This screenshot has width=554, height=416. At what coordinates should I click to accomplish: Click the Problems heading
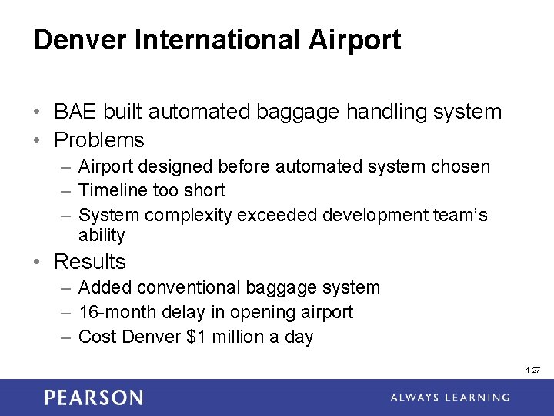click(99, 140)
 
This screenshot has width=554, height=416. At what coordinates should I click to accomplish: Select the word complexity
click(193, 215)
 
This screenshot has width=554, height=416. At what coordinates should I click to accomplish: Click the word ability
click(101, 235)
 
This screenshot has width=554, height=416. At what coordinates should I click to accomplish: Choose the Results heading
click(89, 262)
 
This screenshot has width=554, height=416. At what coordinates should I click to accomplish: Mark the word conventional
click(184, 288)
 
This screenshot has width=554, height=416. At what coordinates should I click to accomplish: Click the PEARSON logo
click(93, 398)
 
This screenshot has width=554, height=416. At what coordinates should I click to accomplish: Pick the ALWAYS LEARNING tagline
click(449, 398)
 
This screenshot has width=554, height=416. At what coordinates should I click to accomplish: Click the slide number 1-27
click(532, 371)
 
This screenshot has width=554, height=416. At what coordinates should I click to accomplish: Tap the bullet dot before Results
click(38, 263)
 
